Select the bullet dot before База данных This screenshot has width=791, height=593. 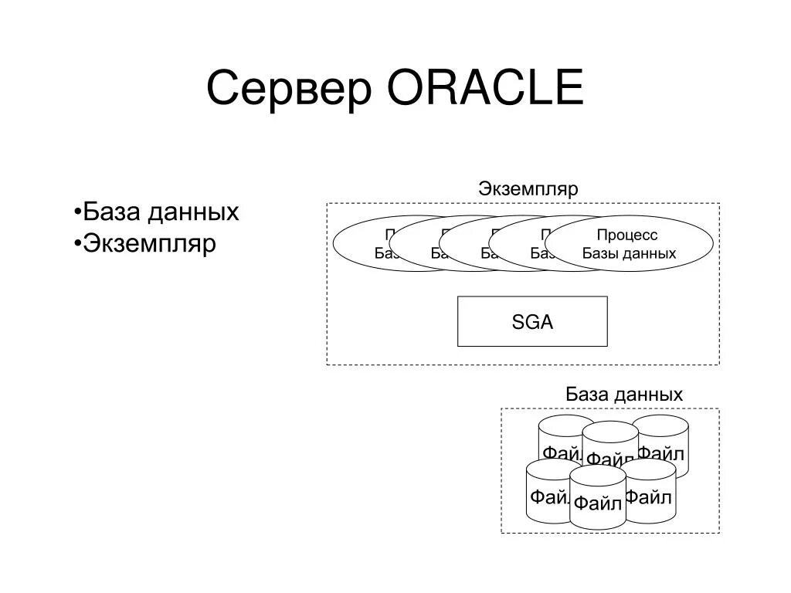[79, 212]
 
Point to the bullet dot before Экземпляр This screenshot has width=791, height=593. [79, 244]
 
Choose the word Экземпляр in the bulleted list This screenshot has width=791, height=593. [150, 244]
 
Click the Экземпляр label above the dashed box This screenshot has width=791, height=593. [528, 189]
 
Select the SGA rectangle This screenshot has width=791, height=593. [532, 321]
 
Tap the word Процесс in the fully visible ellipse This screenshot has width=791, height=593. [627, 235]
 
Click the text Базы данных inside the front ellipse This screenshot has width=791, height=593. [629, 253]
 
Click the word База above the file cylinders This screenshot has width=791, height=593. [587, 395]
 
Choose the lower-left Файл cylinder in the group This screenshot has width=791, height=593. [547, 494]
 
